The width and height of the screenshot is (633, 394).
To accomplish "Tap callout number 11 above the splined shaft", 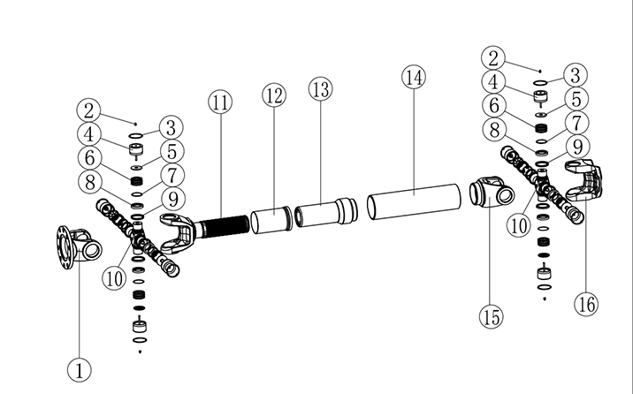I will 220,102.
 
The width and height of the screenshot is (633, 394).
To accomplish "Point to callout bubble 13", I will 319,89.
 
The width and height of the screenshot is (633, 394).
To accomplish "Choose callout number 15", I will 491,314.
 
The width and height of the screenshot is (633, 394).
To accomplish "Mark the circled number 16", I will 585,304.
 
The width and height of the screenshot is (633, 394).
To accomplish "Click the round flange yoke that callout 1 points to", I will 75,242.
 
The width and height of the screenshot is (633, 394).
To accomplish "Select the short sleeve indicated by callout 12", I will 271,221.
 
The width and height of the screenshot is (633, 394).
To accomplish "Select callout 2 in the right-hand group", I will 494,58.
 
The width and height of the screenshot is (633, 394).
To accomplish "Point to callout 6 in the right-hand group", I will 494,105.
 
